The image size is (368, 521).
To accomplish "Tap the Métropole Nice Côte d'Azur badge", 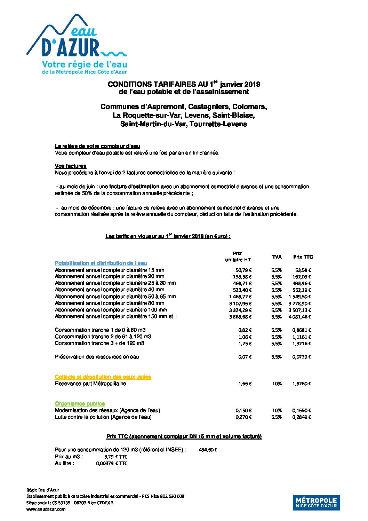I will point(316,503).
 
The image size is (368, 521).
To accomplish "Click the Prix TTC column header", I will point(303,257).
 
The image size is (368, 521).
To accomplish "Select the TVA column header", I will point(277,257).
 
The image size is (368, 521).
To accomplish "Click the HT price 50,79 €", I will point(243,270).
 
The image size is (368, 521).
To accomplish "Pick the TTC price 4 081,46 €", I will point(299,317).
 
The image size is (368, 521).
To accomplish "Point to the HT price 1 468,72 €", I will point(240,297).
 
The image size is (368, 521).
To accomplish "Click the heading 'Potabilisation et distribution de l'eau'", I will point(101,263).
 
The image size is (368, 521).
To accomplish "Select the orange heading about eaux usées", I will point(103,377).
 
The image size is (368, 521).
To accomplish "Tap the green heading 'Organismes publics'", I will point(80,404).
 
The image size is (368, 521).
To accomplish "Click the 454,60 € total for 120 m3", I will point(208,450).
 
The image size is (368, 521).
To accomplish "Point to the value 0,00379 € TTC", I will point(112,464).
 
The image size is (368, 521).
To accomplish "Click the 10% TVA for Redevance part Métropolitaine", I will point(277,384).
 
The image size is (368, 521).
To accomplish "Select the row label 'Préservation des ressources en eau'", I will point(97,357).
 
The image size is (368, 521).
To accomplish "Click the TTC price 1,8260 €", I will point(301,384).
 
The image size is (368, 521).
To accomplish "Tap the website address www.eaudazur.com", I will point(46,509).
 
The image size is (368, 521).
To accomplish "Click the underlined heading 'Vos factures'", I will point(71,166).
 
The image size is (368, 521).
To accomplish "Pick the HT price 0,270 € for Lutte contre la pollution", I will point(243,417).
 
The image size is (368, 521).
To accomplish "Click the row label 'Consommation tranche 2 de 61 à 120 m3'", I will point(103,337).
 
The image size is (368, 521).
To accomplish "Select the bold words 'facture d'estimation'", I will point(134,187).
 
